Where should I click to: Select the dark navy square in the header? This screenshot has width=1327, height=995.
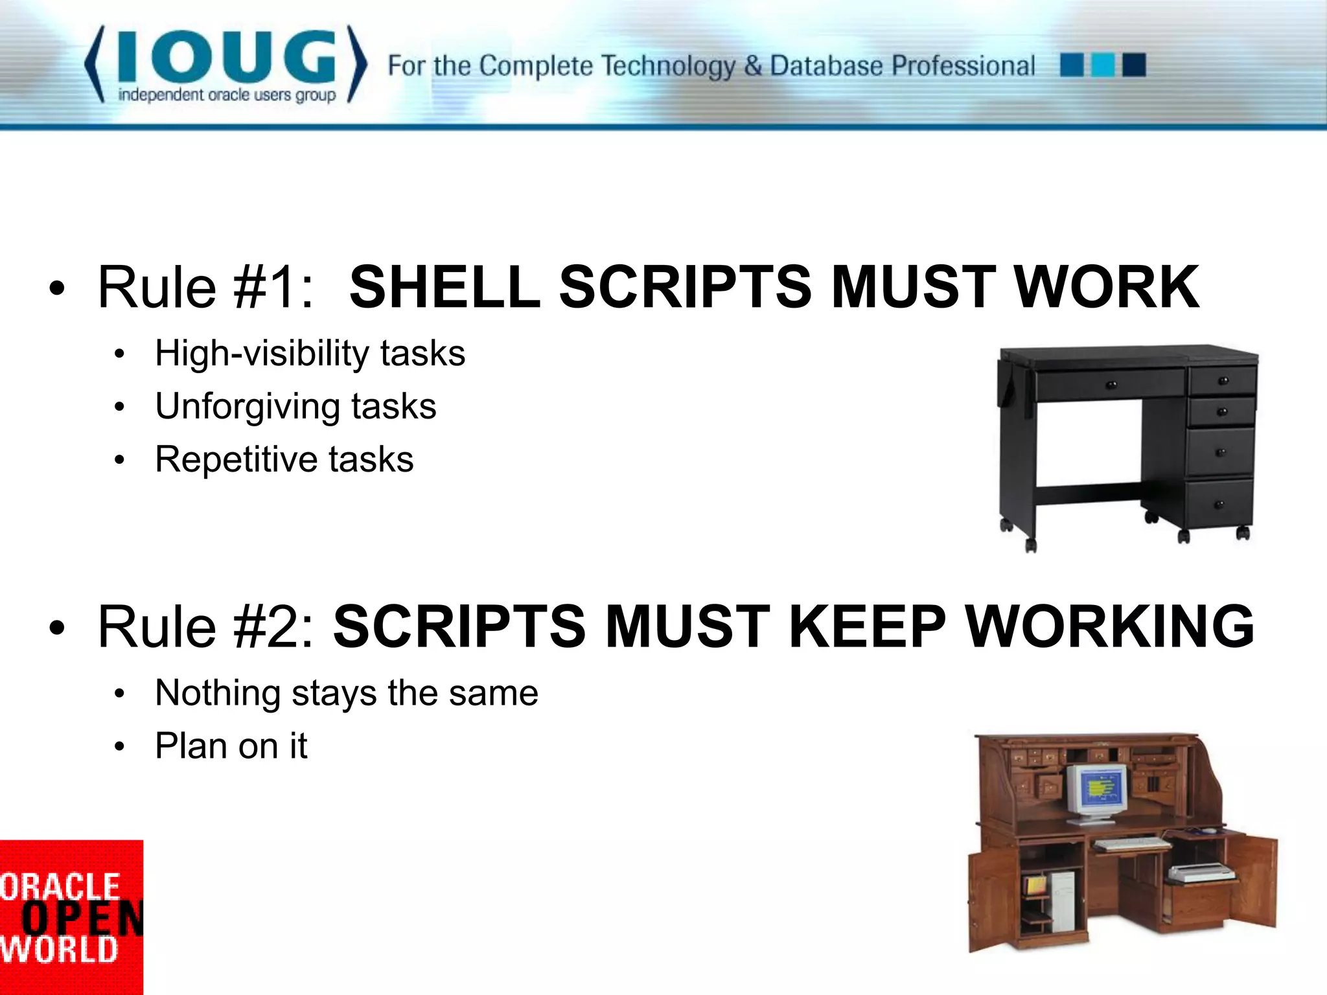pyautogui.click(x=1134, y=65)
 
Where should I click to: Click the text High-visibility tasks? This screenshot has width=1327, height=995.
pyautogui.click(x=310, y=354)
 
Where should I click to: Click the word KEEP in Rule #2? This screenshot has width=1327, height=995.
pyautogui.click(x=867, y=626)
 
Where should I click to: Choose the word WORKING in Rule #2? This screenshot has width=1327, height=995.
pyautogui.click(x=1110, y=626)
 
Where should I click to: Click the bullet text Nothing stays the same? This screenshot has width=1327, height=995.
pyautogui.click(x=347, y=693)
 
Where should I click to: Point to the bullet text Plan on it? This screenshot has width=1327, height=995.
pyautogui.click(x=231, y=746)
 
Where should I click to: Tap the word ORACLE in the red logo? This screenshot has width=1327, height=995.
pyautogui.click(x=60, y=886)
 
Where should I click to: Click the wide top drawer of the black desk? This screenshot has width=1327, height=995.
pyautogui.click(x=1109, y=385)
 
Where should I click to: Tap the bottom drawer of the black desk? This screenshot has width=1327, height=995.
pyautogui.click(x=1218, y=504)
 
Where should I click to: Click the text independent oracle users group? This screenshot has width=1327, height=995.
pyautogui.click(x=227, y=95)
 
